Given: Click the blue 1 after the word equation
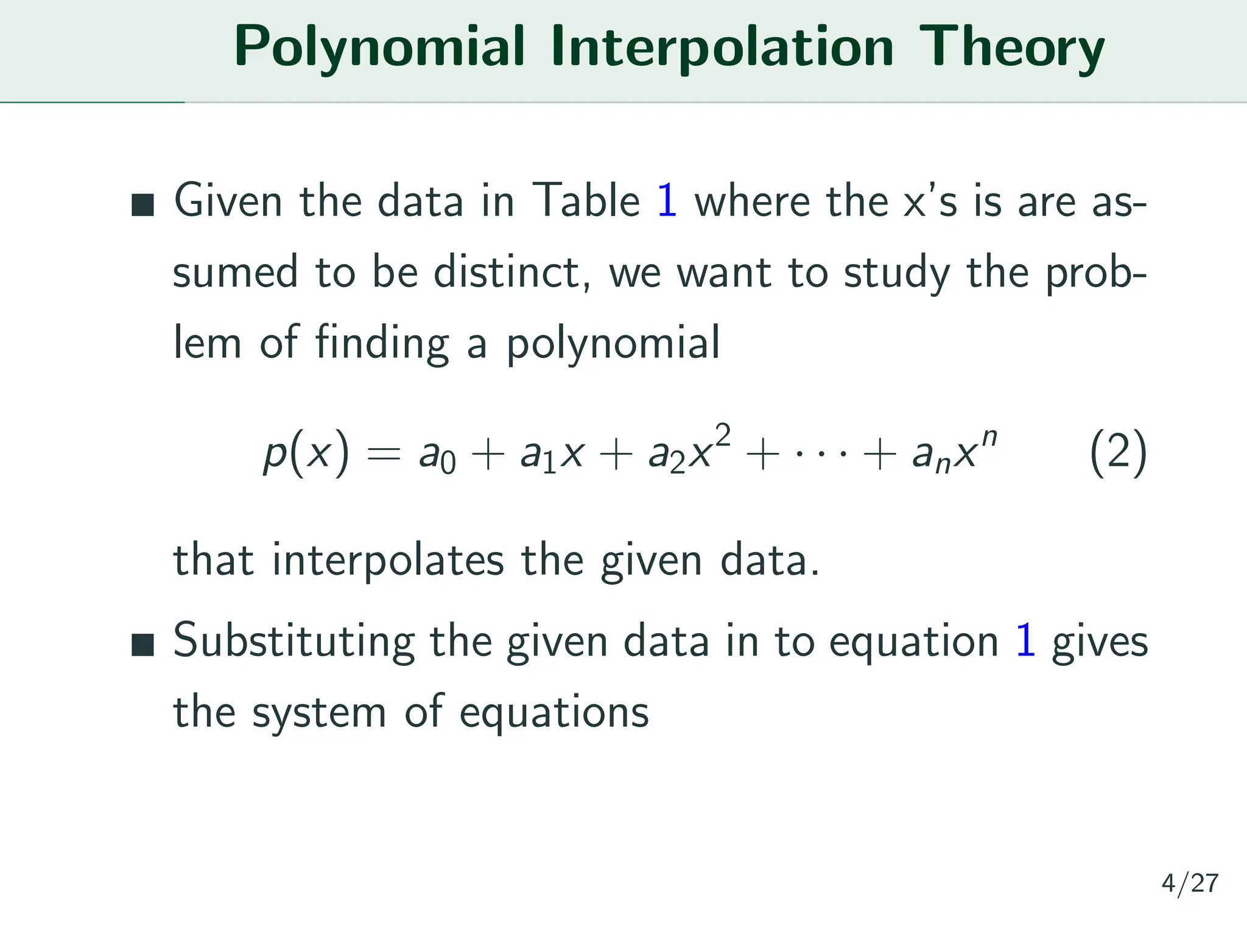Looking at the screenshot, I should (x=1025, y=640).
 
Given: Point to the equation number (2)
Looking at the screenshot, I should (x=1118, y=453).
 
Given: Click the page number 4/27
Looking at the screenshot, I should (x=1189, y=883).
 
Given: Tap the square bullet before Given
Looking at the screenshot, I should (x=142, y=205).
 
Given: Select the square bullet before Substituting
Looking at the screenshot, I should (x=142, y=645).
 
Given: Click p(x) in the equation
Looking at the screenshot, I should (x=306, y=453).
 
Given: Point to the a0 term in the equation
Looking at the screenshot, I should (x=437, y=455).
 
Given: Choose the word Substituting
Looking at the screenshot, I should (x=293, y=642).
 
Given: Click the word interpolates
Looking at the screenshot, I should (x=387, y=560).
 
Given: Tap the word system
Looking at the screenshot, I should (x=319, y=712).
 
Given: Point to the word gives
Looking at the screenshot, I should (x=1100, y=642).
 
